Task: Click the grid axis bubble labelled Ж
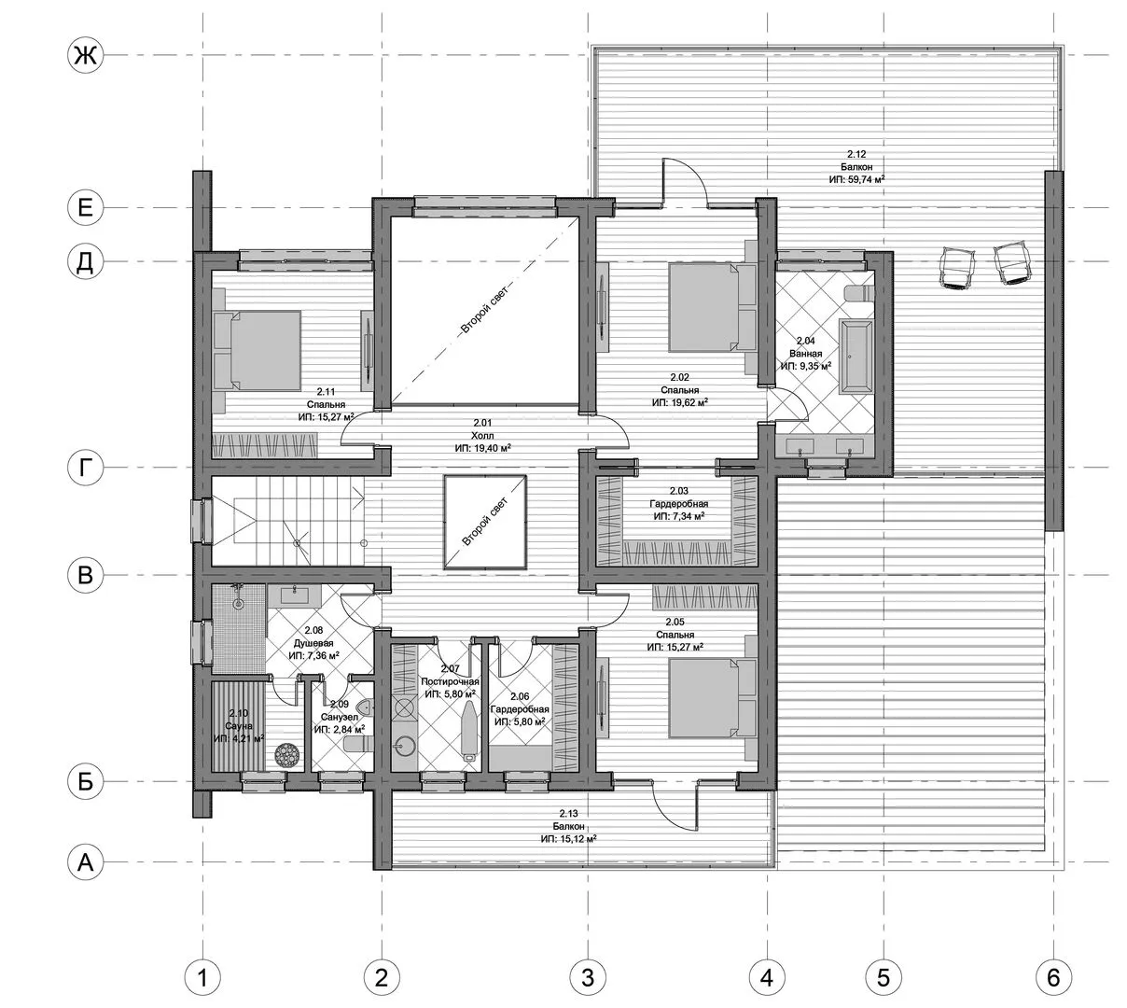tap(85, 55)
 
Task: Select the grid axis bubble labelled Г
tap(85, 469)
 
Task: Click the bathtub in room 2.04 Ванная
tap(856, 355)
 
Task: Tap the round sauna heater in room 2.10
tap(287, 756)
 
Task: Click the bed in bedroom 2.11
tap(257, 350)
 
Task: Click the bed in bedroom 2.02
tap(713, 307)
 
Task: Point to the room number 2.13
tap(569, 813)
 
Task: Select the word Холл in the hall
tap(482, 435)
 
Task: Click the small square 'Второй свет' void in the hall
tap(485, 522)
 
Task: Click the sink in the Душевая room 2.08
tap(294, 595)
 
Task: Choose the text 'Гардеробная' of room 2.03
tap(679, 504)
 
